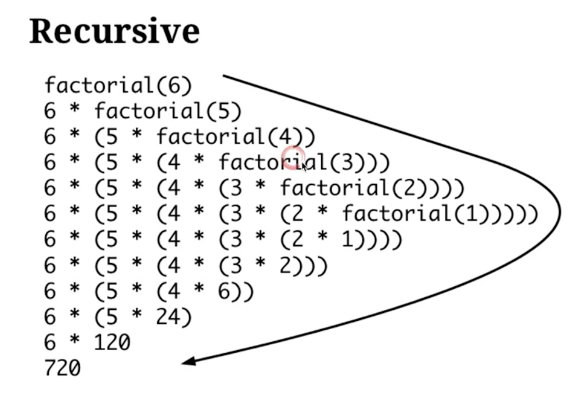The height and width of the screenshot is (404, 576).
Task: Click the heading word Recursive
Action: [114, 31]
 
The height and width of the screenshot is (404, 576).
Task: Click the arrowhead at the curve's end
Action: [188, 362]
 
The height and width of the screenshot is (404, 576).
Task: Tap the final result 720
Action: [63, 368]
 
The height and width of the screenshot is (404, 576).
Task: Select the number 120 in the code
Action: [112, 342]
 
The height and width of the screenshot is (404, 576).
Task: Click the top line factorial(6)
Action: [118, 86]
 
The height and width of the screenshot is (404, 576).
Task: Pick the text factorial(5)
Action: [168, 111]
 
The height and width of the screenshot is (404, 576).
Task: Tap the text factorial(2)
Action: [354, 188]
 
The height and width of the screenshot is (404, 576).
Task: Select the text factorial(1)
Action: [415, 214]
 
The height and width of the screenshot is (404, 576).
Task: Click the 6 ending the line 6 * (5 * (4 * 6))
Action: [224, 291]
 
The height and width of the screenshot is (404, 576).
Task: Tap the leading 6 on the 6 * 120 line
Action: [51, 342]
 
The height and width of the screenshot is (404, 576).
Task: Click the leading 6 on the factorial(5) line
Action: [51, 111]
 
